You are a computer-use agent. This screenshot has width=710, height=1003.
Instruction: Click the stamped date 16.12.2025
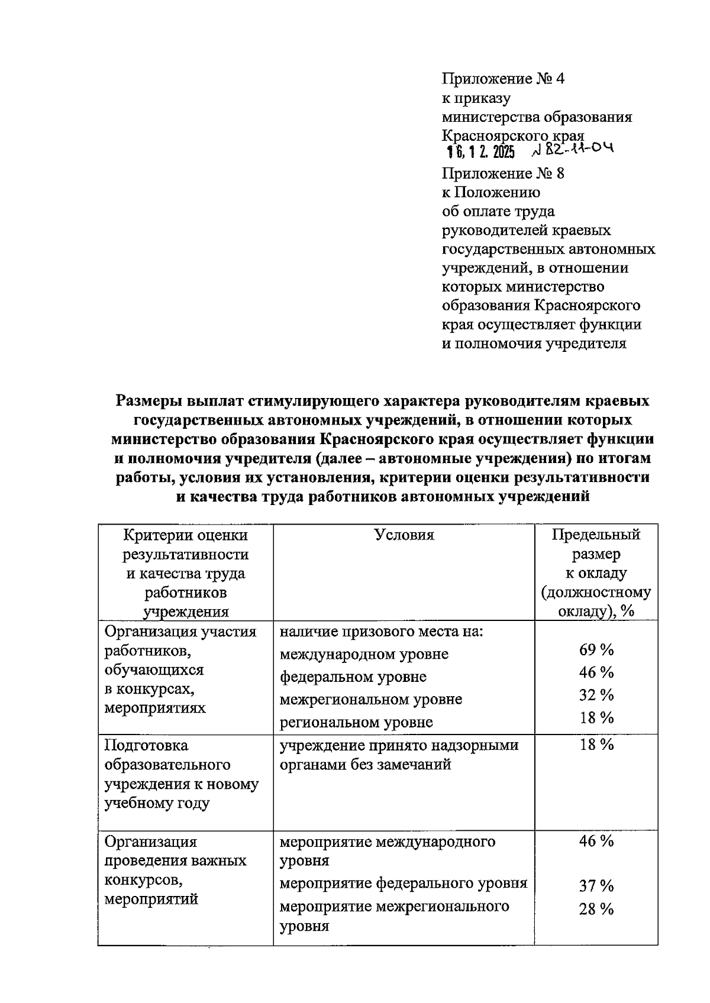(480, 152)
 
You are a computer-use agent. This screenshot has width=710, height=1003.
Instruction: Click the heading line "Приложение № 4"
(503, 79)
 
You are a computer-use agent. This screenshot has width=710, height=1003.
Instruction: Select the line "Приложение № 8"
(503, 173)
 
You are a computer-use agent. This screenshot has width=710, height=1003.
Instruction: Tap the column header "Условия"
(404, 535)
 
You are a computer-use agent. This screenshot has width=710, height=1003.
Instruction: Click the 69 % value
(596, 650)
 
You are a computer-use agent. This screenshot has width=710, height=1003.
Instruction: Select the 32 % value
(596, 695)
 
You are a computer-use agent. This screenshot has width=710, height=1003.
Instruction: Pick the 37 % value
(596, 886)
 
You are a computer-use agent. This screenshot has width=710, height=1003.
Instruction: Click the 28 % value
(596, 909)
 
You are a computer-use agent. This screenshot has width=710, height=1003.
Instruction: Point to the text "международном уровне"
(364, 654)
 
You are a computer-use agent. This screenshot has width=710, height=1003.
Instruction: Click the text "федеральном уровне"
(353, 677)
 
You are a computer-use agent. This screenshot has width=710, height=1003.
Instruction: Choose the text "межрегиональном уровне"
(371, 699)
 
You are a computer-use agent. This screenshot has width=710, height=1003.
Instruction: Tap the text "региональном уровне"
(356, 722)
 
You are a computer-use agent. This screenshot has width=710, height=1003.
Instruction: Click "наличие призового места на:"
(382, 632)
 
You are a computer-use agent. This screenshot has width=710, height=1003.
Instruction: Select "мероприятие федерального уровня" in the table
(403, 884)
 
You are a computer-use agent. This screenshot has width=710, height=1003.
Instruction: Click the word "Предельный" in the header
(596, 535)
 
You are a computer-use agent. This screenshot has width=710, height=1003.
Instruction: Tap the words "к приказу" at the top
(476, 98)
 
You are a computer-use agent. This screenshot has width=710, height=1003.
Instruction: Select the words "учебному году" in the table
(157, 803)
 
